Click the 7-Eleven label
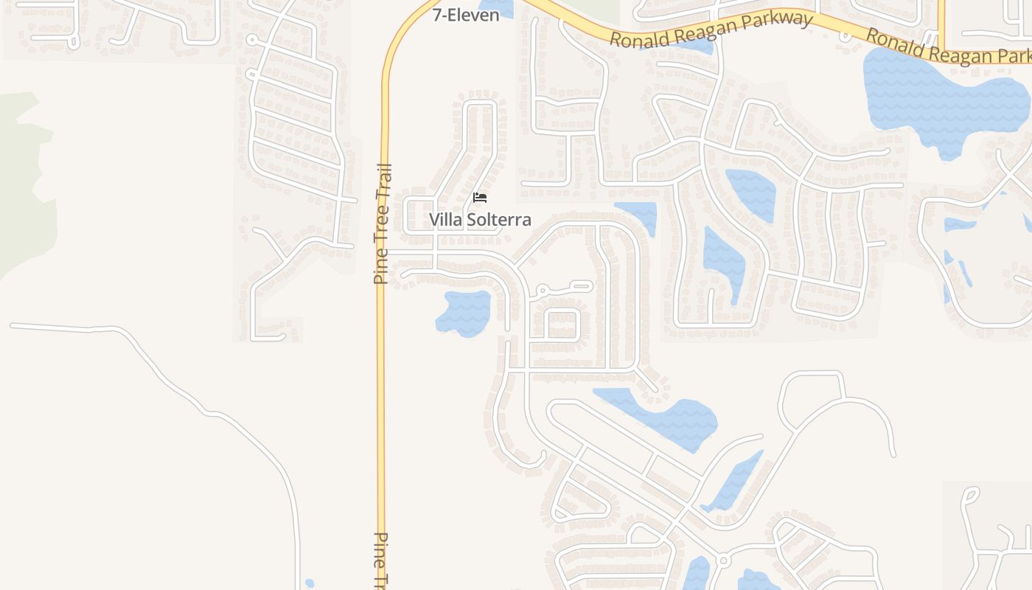tap(465, 15)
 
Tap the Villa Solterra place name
tap(480, 220)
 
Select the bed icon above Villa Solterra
tap(480, 198)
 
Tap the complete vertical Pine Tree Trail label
tap(382, 224)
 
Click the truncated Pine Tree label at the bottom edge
tap(380, 560)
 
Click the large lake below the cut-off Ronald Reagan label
tap(944, 100)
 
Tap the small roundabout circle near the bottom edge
tap(723, 561)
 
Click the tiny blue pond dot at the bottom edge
tap(310, 583)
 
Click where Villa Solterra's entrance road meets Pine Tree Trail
tap(383, 253)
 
